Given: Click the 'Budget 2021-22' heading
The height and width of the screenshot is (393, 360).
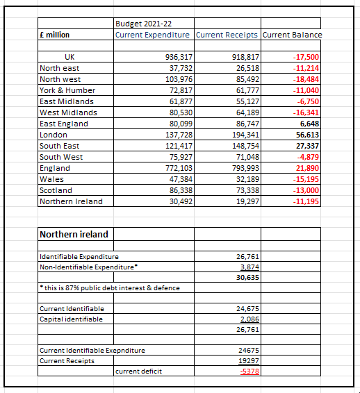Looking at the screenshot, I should (x=143, y=24).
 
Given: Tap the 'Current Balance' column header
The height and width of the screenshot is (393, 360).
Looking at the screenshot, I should (x=292, y=35).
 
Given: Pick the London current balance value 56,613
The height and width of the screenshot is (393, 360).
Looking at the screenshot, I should (x=306, y=135).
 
